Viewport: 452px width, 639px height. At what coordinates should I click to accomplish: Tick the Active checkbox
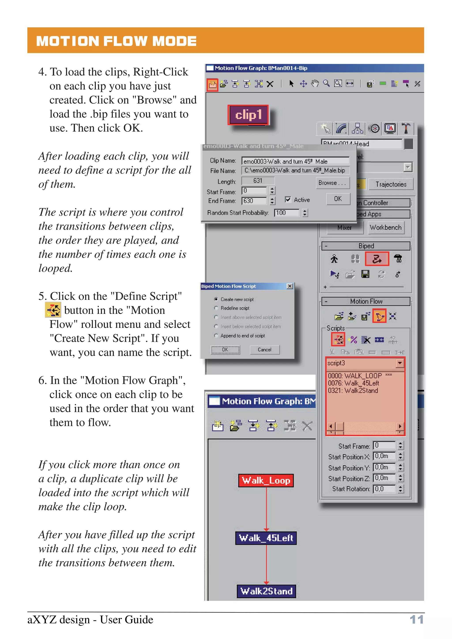coord(288,199)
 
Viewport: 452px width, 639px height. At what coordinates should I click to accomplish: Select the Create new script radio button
coord(216,299)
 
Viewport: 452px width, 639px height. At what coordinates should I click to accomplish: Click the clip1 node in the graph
coord(248,115)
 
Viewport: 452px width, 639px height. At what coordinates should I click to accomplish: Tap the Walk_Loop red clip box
coord(266,480)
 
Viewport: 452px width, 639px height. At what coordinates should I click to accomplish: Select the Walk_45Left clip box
coord(266,538)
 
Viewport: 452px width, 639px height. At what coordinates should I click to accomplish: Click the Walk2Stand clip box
coord(266,591)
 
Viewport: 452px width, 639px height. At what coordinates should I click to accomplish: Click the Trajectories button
coord(390,184)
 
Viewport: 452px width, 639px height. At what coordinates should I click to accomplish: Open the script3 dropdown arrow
coord(400,363)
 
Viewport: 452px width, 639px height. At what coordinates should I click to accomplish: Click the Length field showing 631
coord(258,181)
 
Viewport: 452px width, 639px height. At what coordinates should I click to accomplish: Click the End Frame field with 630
coord(253,201)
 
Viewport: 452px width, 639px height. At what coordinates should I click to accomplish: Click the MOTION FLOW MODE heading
coord(116,41)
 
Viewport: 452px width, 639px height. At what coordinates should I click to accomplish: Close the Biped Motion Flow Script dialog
coord(290,286)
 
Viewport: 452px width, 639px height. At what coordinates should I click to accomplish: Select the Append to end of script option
coord(216,336)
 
